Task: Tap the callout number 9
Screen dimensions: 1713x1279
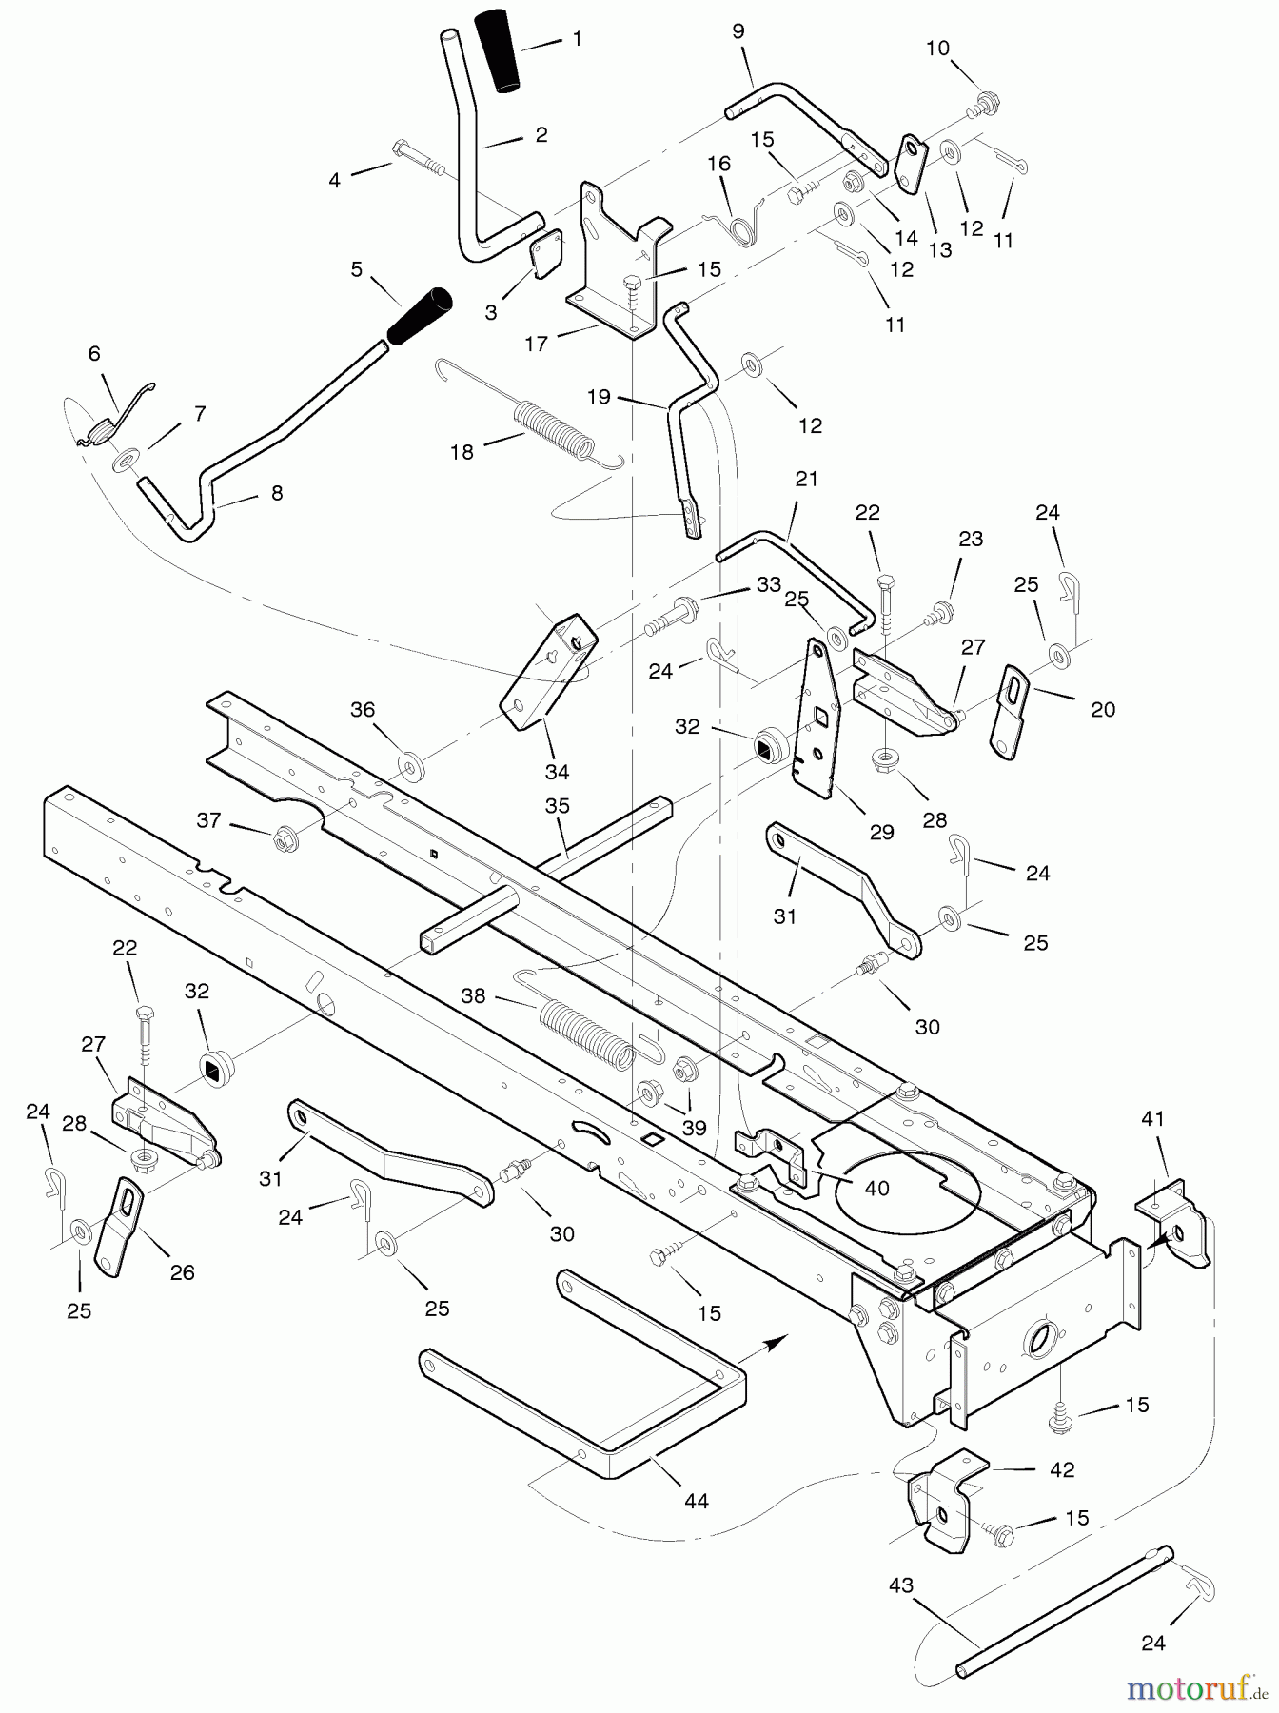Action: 738,31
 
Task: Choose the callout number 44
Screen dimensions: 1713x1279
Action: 697,1501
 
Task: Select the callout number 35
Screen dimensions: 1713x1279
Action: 558,806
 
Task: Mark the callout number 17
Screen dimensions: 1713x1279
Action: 537,344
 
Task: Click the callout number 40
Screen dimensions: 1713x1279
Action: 876,1188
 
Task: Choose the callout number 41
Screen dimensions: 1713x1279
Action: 1152,1119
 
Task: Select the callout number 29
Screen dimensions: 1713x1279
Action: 882,832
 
